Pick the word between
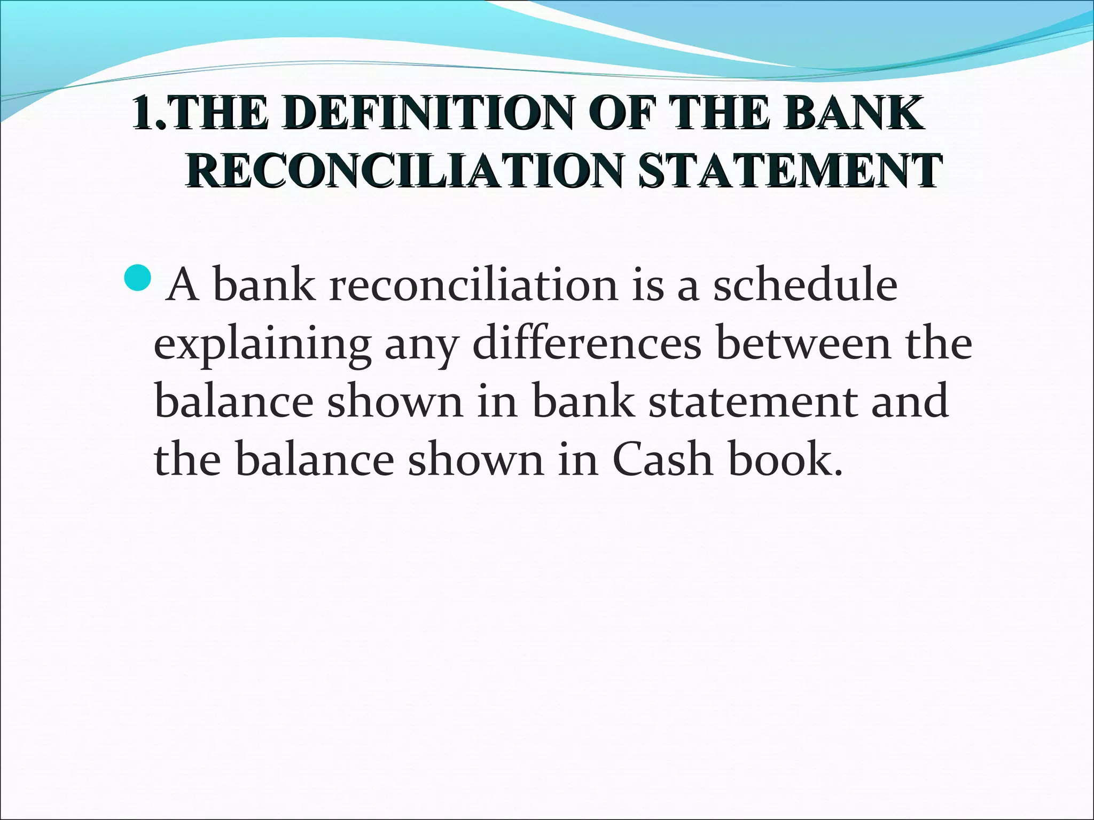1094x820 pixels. coord(804,343)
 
